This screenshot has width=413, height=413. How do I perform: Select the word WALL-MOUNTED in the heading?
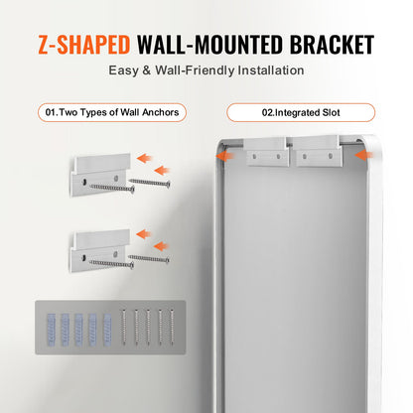click(205, 45)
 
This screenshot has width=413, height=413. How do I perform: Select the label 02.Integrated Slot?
click(300, 113)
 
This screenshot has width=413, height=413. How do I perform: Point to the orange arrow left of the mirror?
click(228, 154)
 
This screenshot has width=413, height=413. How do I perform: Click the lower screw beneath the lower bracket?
click(111, 263)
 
